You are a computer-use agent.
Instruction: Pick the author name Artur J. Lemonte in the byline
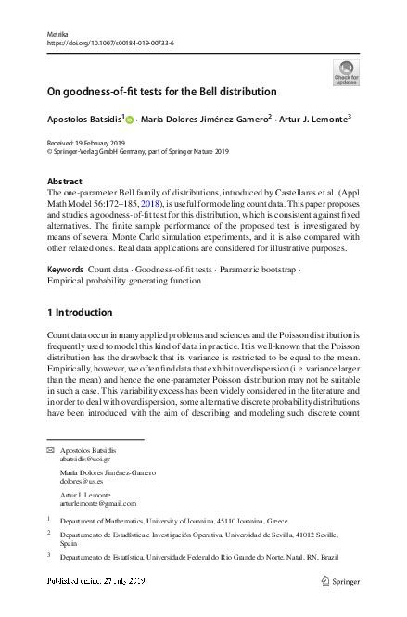click(x=314, y=119)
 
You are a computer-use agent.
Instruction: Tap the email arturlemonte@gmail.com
click(x=95, y=506)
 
